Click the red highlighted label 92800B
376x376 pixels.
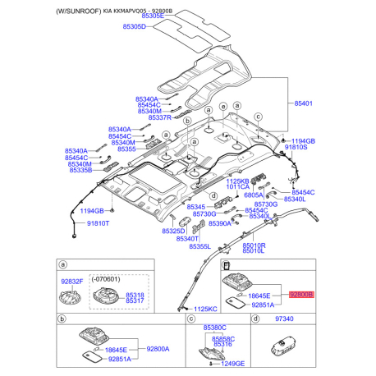pos(301,293)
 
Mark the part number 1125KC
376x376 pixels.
pos(207,309)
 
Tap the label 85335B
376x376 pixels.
pos(80,170)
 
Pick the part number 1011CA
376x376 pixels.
pos(238,187)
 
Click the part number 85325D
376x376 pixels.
pos(174,232)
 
